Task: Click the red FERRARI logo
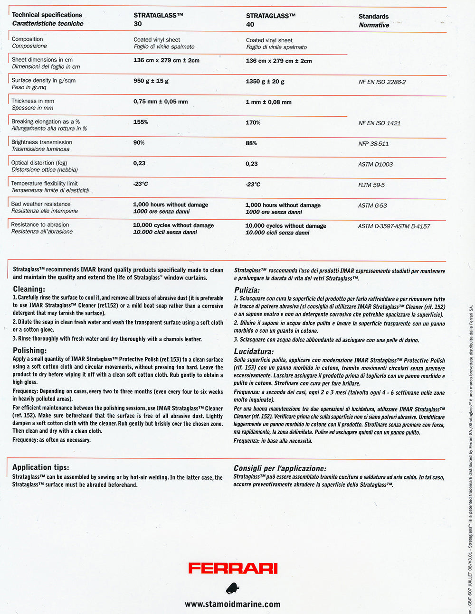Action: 233,568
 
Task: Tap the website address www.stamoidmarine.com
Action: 232,604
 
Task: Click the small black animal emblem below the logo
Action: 233,588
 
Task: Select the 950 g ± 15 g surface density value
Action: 151,81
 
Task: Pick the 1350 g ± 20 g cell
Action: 265,82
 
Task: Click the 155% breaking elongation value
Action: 141,122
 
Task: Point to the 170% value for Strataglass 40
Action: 253,123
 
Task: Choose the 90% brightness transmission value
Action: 139,142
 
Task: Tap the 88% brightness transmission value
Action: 251,143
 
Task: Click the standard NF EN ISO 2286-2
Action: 382,82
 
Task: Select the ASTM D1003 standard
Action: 375,165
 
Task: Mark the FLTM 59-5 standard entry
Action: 371,185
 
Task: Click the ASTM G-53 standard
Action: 372,205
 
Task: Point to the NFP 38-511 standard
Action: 373,144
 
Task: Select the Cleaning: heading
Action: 29,289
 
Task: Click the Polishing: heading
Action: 30,351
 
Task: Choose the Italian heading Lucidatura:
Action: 254,352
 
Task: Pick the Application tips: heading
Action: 41,467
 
